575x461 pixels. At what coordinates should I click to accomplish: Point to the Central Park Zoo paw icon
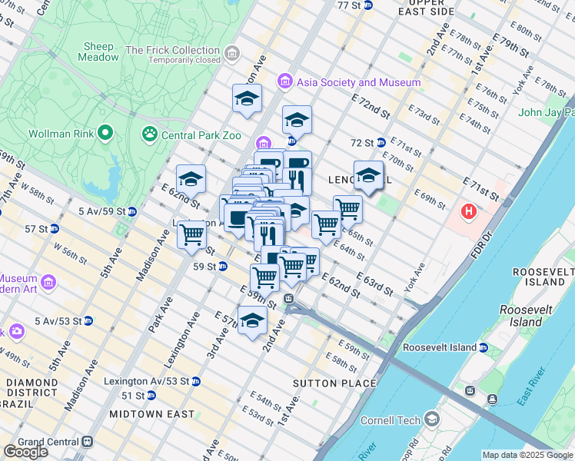[149, 134]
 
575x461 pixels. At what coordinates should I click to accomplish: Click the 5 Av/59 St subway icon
[131, 211]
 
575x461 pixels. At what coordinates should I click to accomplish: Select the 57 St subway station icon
[54, 228]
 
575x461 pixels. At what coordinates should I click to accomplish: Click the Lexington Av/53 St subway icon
[196, 381]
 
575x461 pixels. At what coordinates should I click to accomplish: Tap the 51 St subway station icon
[151, 395]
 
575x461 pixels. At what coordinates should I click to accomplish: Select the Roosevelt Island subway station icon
[484, 347]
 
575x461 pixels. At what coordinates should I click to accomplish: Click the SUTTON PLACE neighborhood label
[334, 383]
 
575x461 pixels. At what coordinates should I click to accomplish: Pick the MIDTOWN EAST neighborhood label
[151, 414]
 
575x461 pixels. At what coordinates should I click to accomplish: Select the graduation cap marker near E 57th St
[251, 321]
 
